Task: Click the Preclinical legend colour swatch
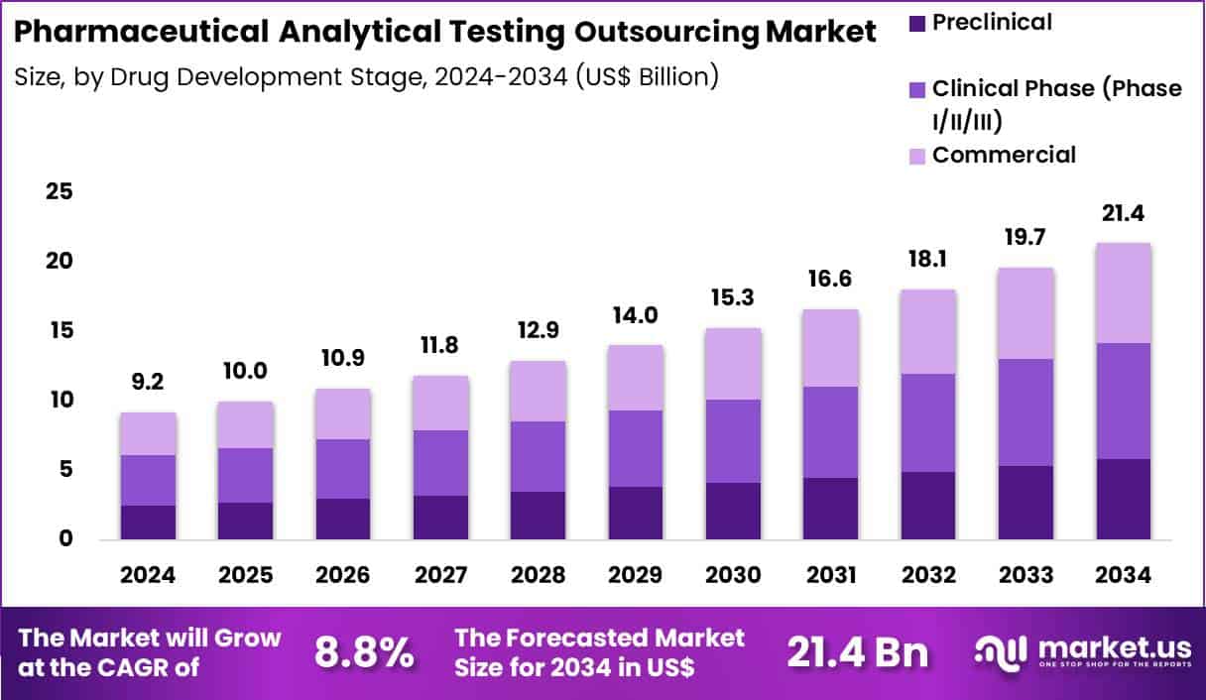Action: click(x=915, y=22)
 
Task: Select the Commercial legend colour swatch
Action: click(x=915, y=156)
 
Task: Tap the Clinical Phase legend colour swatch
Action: click(x=915, y=89)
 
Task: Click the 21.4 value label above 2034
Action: click(x=1123, y=214)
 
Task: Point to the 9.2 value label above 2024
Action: click(x=148, y=382)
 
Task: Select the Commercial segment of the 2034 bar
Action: click(x=1123, y=292)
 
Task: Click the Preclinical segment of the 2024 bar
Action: click(x=148, y=523)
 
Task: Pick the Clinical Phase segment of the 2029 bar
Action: click(x=636, y=448)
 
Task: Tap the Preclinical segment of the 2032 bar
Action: click(x=928, y=506)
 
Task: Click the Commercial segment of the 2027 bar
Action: click(x=440, y=403)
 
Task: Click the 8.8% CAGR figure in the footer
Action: click(x=364, y=652)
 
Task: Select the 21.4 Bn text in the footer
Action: click(x=858, y=652)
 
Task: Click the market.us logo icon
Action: click(x=1002, y=651)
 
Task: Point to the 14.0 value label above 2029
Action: click(x=636, y=315)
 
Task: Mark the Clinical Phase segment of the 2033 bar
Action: click(x=1025, y=412)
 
